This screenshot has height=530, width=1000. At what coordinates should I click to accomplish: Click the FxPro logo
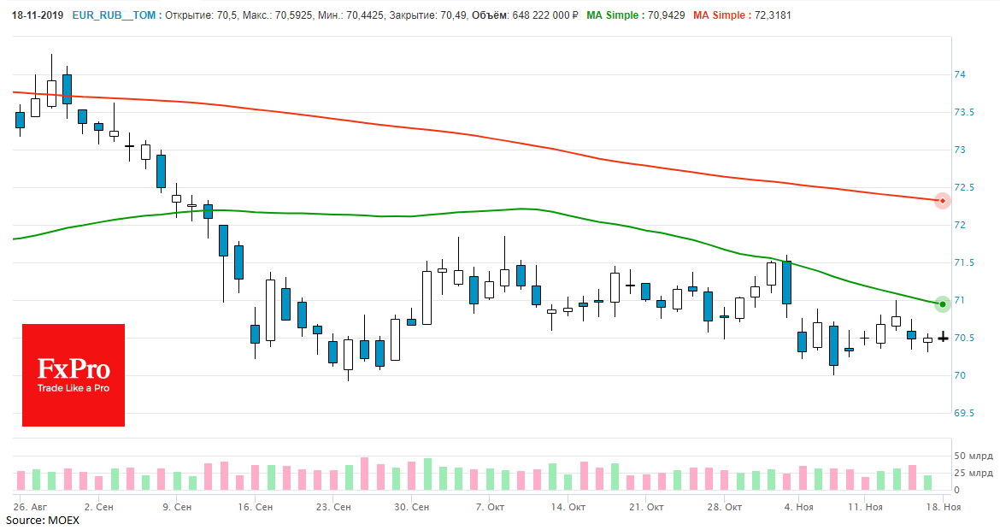[x=74, y=374]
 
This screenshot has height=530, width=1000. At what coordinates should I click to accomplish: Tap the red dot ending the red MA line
[x=942, y=202]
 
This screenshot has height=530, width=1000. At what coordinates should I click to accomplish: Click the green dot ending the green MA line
[x=942, y=304]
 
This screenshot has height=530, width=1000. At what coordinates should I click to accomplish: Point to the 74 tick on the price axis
[x=961, y=75]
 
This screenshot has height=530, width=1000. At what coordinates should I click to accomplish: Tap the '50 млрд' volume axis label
[x=974, y=456]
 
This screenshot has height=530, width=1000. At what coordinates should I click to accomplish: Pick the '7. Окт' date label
[x=490, y=507]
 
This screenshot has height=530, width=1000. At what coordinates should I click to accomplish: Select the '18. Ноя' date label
[x=946, y=507]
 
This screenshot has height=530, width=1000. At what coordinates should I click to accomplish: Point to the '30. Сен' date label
[x=411, y=507]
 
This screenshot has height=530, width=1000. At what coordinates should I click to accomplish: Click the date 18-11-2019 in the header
[x=38, y=15]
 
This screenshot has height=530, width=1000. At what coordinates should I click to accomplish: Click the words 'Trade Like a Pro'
[x=74, y=387]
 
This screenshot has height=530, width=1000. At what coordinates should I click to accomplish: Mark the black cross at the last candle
[x=943, y=339]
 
